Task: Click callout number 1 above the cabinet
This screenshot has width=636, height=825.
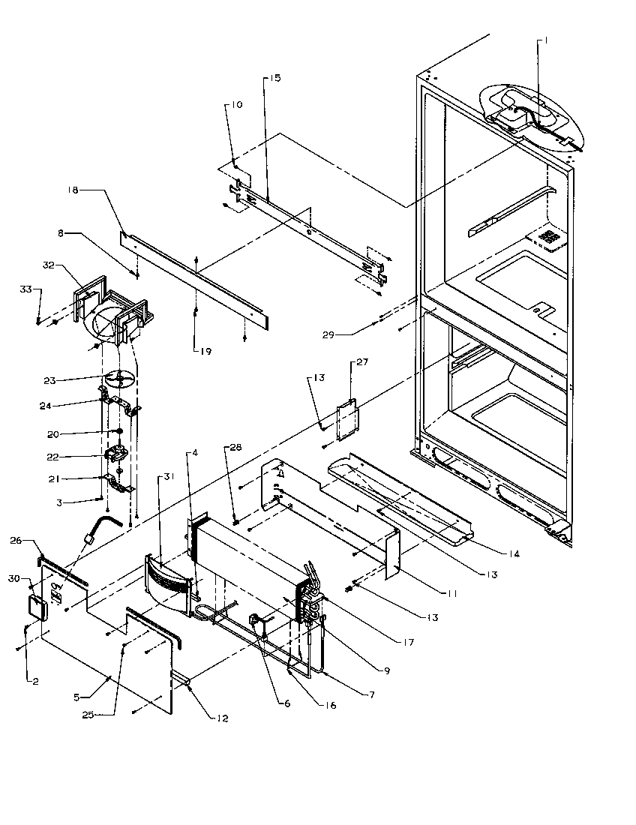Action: point(545,42)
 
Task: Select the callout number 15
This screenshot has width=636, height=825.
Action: point(275,78)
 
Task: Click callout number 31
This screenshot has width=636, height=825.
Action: point(163,476)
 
